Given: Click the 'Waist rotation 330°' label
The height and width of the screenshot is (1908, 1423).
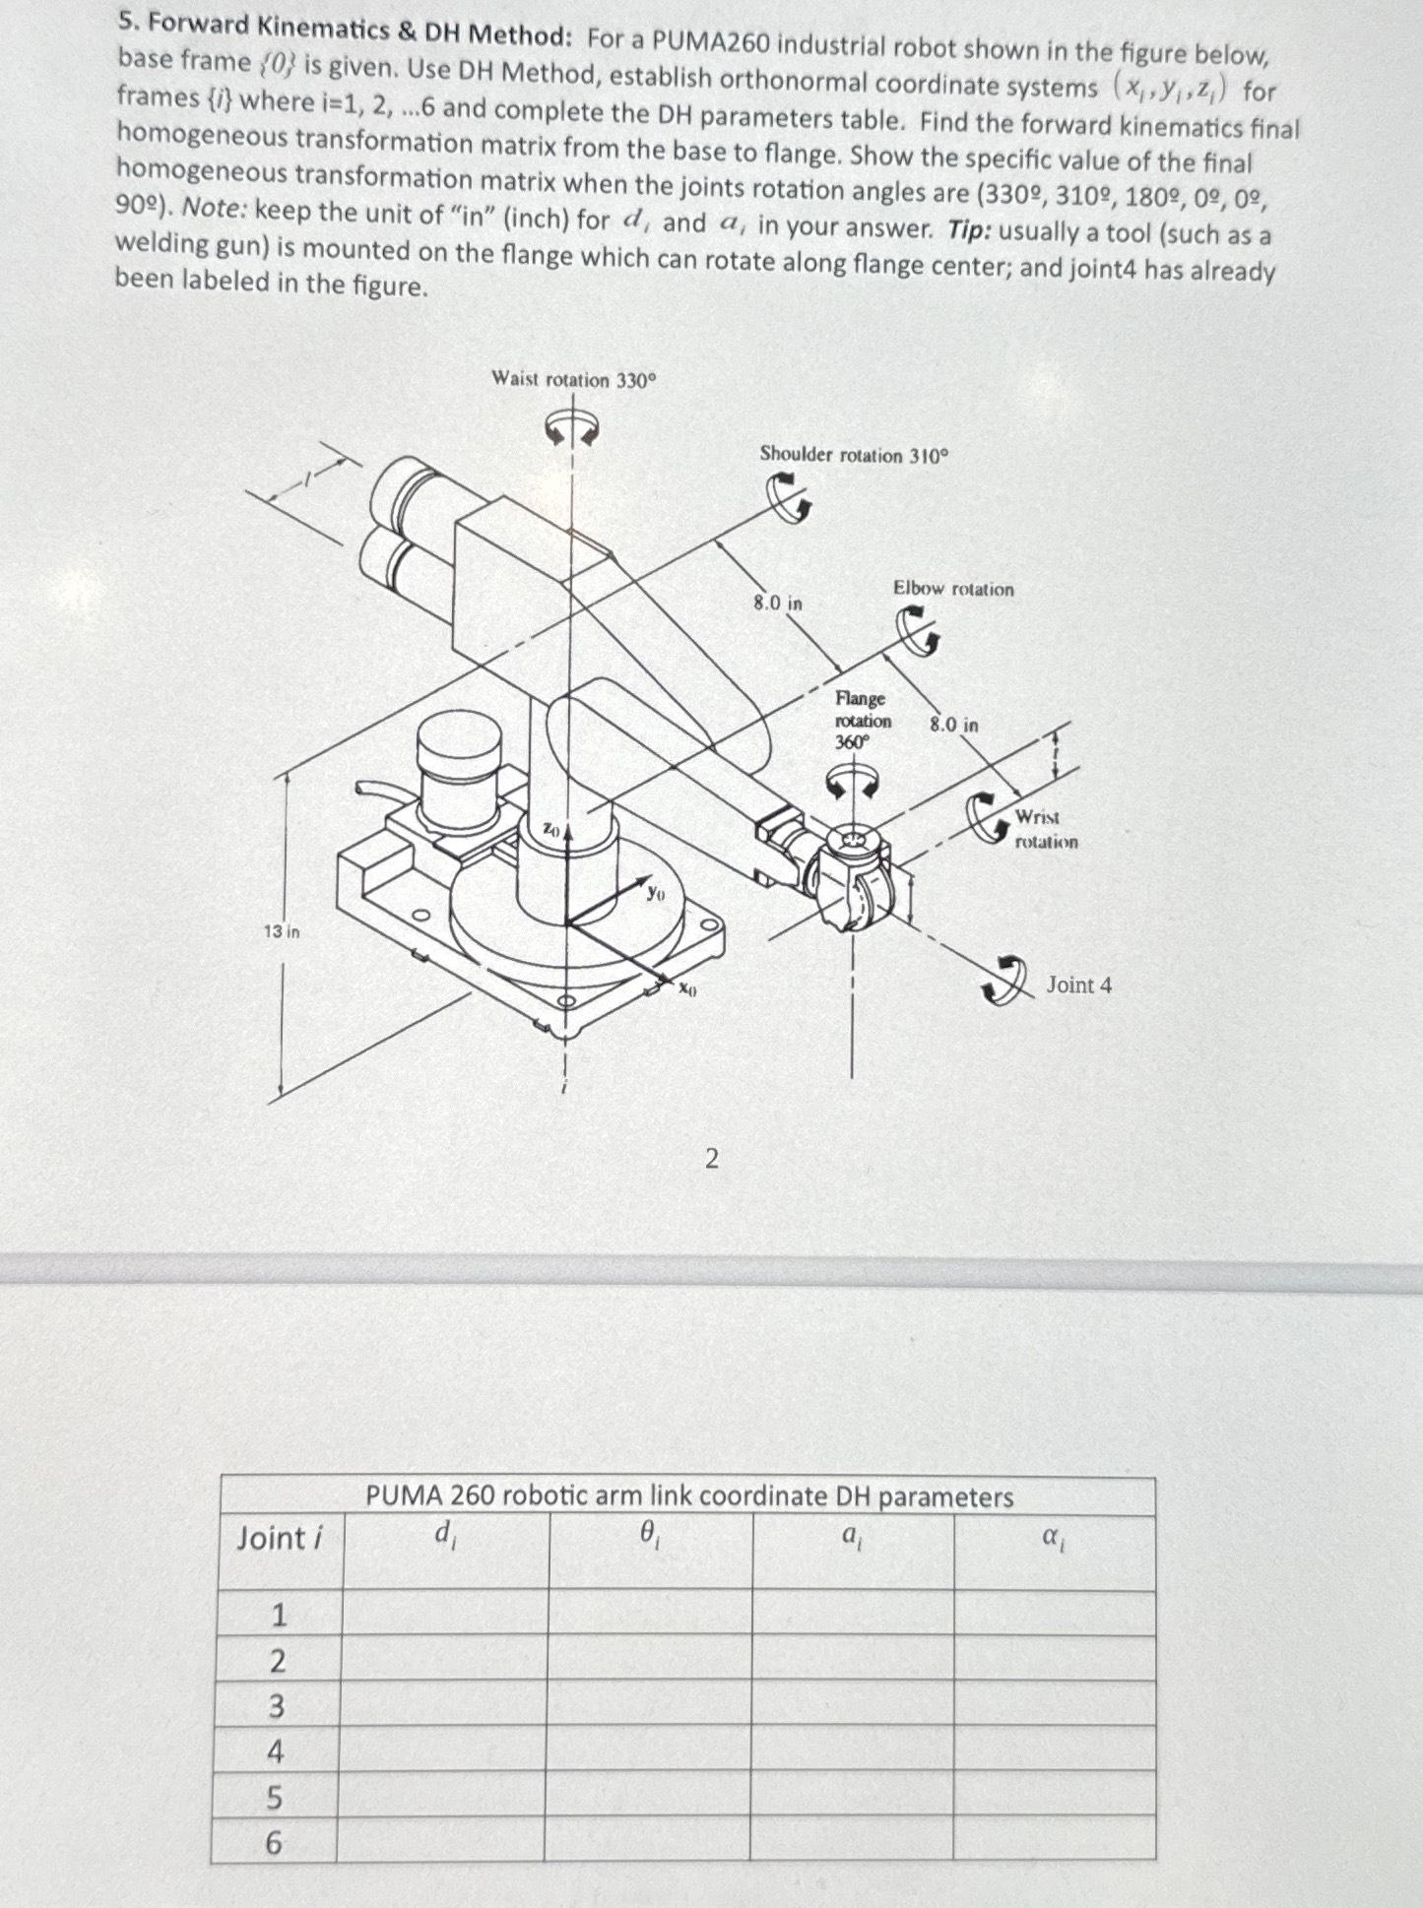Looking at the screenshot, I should pos(572,379).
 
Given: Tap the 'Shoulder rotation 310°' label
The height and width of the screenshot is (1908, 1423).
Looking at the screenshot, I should pos(854,455).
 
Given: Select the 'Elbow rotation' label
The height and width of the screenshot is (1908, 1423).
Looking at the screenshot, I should pos(952,589).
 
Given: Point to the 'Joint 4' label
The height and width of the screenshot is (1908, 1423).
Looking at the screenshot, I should pos(1078,985).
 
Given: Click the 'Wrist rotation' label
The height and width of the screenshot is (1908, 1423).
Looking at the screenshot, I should pos(1045,829).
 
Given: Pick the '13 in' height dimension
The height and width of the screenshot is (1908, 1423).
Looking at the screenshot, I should pos(281,930).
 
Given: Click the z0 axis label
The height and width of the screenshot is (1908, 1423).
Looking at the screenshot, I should pos(551,831).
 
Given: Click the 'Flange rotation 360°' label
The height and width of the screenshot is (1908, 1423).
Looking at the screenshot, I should pos(862,720).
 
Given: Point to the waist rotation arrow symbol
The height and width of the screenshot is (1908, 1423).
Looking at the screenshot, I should pos(573,427).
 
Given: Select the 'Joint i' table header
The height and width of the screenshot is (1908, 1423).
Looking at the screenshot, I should pos(279,1538).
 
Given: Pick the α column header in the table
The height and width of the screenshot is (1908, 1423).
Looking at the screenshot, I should pos(1052,1535).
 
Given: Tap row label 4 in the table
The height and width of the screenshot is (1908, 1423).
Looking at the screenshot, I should pos(276,1751).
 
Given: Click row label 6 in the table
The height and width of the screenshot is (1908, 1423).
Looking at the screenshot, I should pos(274,1842).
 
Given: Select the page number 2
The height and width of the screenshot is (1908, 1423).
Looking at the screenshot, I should pos(711,1159).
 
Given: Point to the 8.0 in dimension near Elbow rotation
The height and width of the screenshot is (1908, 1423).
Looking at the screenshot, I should pos(953,725).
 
